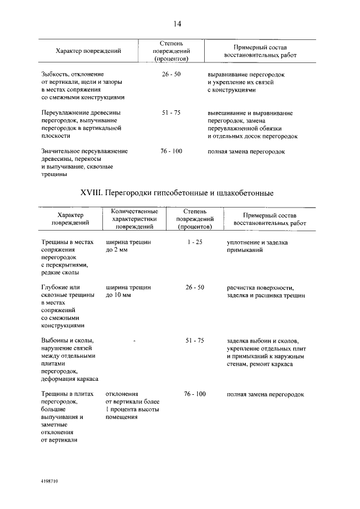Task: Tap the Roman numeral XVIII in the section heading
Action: pos(94,193)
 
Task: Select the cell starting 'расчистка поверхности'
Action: pos(266,291)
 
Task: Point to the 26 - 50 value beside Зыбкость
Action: pos(171,74)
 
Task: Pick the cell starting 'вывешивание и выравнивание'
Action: pos(253,124)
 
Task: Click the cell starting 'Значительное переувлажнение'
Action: pos(84,163)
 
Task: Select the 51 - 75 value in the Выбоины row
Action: pos(195,341)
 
